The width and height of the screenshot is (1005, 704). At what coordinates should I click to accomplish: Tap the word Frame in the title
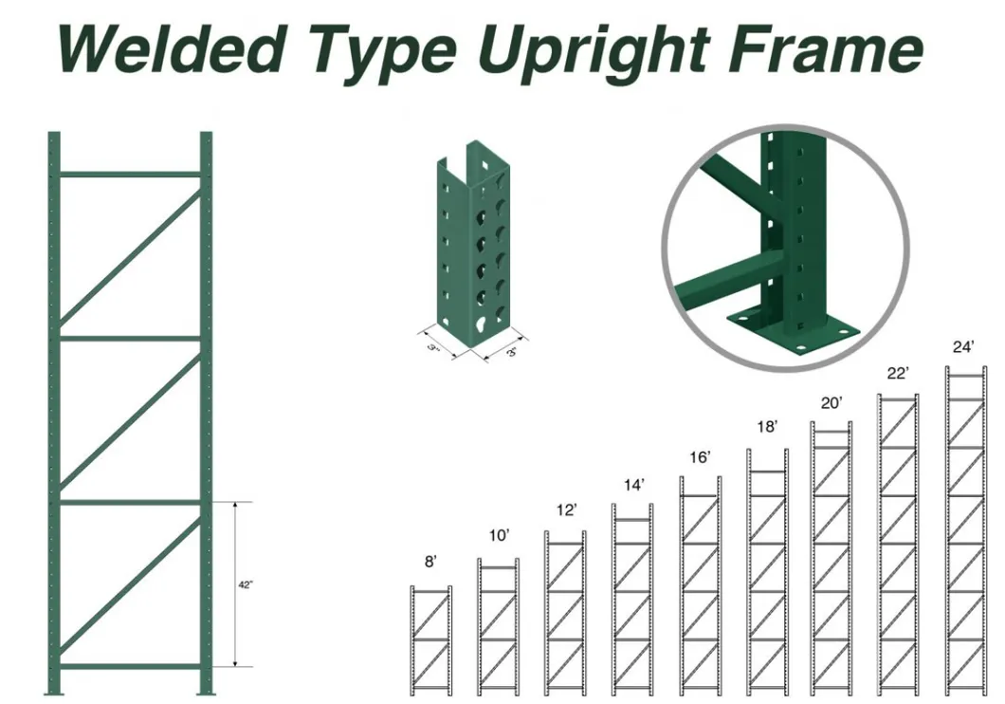click(826, 49)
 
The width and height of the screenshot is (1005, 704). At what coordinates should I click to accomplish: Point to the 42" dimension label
click(246, 584)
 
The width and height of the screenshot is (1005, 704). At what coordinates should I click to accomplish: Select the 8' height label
click(430, 562)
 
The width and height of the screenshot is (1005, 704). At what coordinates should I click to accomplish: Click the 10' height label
click(500, 535)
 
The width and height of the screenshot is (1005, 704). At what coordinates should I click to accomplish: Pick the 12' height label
click(567, 510)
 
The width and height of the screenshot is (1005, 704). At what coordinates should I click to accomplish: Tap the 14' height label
click(634, 486)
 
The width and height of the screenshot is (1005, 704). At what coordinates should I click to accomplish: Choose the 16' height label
click(701, 457)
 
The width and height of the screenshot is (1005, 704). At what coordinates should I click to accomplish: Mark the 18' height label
click(767, 427)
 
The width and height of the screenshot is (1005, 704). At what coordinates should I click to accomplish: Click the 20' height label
click(831, 402)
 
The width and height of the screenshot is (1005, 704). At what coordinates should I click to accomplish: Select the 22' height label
click(898, 373)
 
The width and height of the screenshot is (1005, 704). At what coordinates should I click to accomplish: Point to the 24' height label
click(963, 347)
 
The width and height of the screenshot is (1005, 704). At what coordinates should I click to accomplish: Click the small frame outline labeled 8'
click(412, 640)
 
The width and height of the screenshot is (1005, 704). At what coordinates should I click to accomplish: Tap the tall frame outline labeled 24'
click(949, 531)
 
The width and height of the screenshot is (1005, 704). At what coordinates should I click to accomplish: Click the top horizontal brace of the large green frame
click(130, 174)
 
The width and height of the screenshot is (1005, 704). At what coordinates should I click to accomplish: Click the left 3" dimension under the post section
click(433, 347)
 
